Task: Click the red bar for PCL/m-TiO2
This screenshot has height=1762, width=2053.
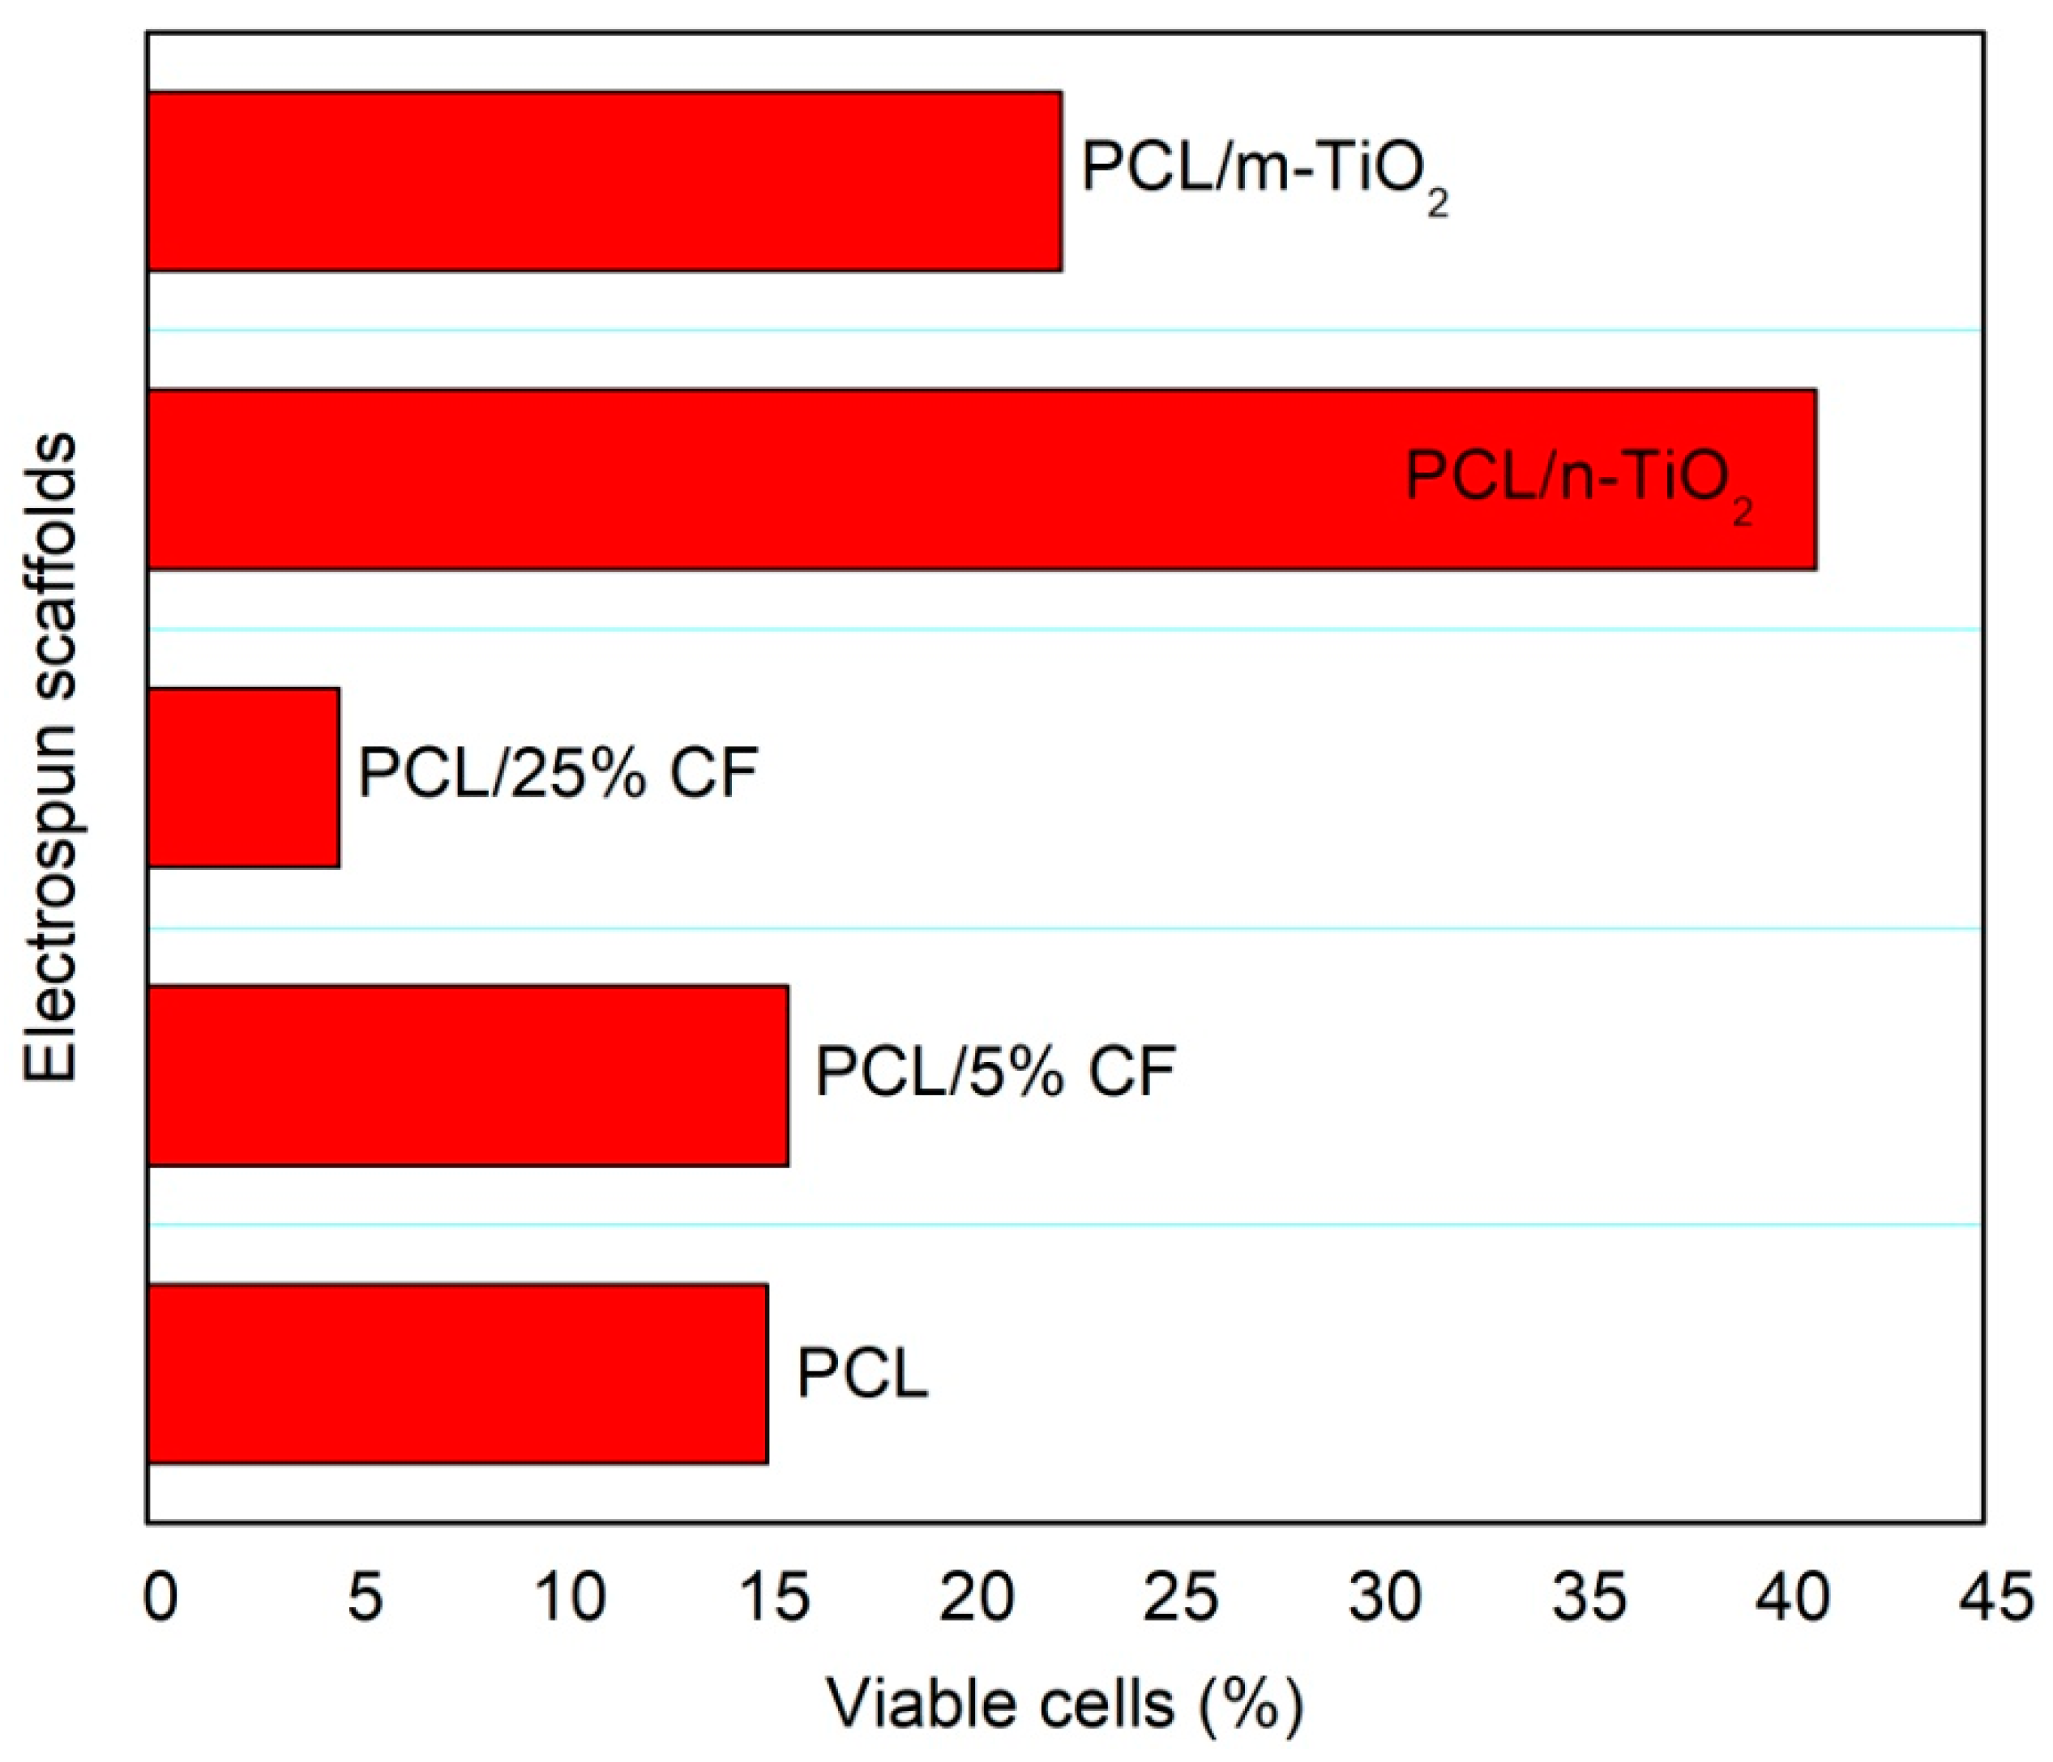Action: [x=605, y=181]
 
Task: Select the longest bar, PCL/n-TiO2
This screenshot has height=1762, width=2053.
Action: [x=773, y=480]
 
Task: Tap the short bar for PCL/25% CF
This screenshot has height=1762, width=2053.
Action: [x=244, y=778]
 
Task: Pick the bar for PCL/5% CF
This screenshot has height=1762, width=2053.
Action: [x=468, y=1076]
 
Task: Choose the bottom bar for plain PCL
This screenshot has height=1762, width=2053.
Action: [x=457, y=1374]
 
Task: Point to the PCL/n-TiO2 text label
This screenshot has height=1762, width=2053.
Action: [x=1577, y=480]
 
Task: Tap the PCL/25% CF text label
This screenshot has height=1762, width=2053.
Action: [x=558, y=774]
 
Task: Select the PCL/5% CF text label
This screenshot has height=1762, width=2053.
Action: [x=994, y=1072]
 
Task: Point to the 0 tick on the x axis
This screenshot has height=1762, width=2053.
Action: [x=160, y=1598]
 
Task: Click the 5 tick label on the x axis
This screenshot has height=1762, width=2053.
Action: [x=365, y=1598]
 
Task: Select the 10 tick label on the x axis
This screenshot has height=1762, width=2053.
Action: [x=570, y=1598]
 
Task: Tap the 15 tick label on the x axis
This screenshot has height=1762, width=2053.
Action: [x=774, y=1598]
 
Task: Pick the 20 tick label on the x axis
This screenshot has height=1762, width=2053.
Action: [x=978, y=1598]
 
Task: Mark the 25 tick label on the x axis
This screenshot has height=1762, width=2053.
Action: [x=1181, y=1598]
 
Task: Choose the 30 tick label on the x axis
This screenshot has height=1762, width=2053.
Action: [x=1385, y=1598]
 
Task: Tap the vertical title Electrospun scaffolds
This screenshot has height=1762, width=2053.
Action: [x=49, y=757]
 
